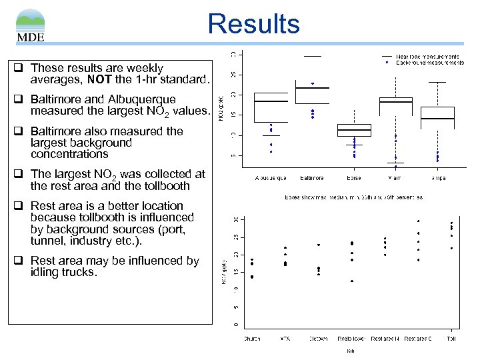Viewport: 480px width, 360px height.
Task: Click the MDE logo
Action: click(x=31, y=25)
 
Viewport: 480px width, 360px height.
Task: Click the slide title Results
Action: click(x=253, y=24)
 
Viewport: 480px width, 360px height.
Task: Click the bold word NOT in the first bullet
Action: click(x=97, y=80)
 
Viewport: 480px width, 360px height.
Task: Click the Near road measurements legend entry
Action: click(x=427, y=57)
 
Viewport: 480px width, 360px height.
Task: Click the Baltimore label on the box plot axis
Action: click(x=311, y=179)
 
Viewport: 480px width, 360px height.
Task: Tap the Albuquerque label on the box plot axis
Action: click(x=271, y=179)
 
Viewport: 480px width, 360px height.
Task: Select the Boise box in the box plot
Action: click(x=354, y=130)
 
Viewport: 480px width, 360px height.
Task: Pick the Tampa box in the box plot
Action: click(x=437, y=113)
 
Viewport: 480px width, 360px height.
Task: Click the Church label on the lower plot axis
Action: click(x=251, y=338)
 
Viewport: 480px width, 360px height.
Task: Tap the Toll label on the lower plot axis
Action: click(x=451, y=338)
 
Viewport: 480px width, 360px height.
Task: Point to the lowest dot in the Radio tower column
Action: click(x=351, y=281)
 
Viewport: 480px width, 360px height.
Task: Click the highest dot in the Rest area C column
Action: click(x=418, y=221)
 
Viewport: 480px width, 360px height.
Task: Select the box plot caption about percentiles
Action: click(x=353, y=197)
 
